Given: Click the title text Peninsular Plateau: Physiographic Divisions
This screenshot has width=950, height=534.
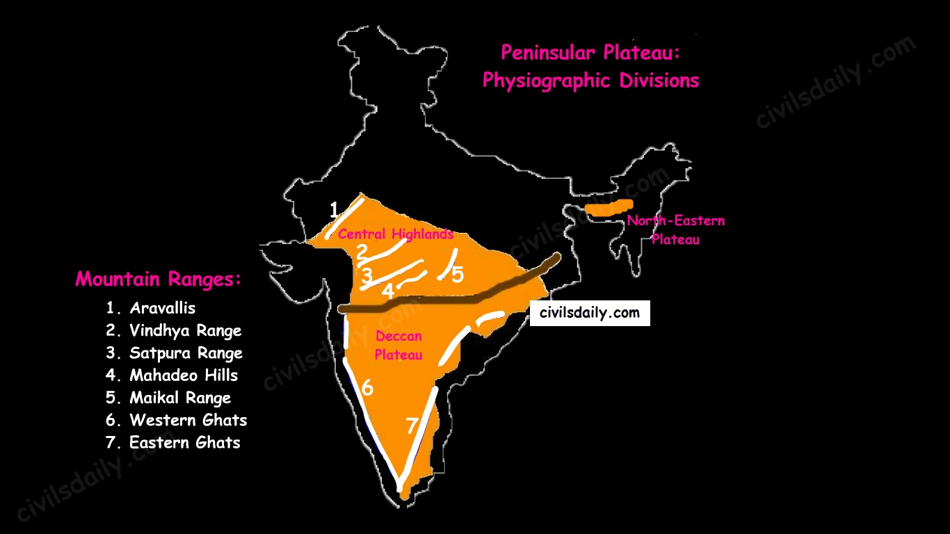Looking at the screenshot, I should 590,67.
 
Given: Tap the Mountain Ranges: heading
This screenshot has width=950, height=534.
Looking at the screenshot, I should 159,280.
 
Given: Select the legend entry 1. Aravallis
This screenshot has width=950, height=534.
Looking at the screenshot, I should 151,308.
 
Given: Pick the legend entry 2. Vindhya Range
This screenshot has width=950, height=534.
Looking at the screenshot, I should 173,330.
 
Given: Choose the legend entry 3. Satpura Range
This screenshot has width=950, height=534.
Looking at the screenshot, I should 174,353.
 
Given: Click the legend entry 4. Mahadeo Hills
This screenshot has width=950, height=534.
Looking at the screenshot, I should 172,375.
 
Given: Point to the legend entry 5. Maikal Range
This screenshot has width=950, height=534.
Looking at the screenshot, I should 168,398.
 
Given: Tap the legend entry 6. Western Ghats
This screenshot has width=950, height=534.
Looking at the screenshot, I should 176,420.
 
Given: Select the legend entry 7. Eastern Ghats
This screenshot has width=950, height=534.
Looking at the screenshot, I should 173,442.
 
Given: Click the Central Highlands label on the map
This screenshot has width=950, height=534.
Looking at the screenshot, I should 395,234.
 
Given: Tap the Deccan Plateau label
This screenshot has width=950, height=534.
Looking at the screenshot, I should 398,346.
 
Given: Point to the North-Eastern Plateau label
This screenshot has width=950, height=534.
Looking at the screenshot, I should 675,229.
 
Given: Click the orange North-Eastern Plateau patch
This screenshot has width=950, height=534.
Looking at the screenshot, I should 609,207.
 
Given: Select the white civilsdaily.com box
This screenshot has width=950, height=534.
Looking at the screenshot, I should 590,313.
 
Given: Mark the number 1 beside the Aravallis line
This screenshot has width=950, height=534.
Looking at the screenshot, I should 334,209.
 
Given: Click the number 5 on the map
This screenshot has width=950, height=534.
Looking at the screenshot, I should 457,275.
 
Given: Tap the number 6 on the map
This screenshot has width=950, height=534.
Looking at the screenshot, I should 367,387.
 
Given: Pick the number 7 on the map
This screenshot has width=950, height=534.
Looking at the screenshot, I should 412,425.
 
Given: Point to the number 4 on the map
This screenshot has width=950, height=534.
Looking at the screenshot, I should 387,291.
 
